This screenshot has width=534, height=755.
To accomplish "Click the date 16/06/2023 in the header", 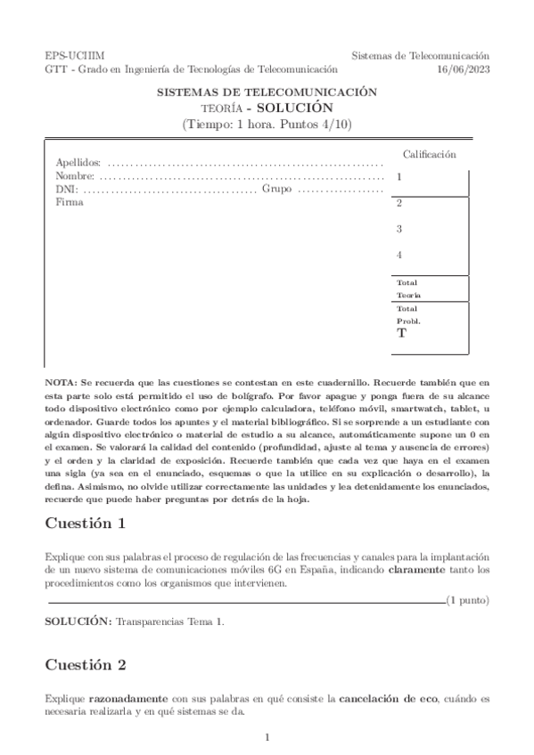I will point(464,68).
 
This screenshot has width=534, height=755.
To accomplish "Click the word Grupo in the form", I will point(277,190).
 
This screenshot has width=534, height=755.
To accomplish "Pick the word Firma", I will point(69,202).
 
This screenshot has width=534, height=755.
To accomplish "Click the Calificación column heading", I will point(430,154).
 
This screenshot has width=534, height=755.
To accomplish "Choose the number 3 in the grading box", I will point(399,229).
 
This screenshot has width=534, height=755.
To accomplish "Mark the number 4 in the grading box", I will point(399,256).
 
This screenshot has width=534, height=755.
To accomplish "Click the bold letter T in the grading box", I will point(401,334).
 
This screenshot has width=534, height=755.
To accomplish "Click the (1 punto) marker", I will point(467,600).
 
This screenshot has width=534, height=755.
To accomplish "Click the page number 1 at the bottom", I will point(267,737).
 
